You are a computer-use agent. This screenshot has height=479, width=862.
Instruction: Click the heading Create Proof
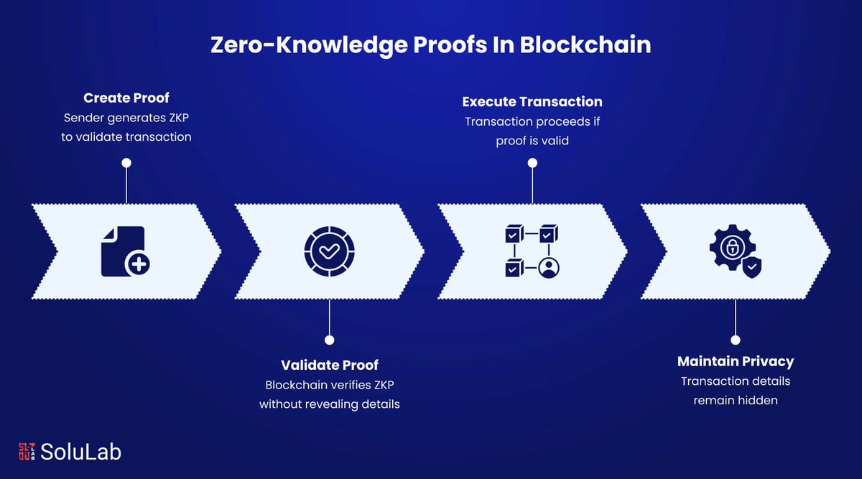126,98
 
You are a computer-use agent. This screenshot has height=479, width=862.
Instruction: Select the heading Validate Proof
330,365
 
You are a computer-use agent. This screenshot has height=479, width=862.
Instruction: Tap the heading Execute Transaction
532,101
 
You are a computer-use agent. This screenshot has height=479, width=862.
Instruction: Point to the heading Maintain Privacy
736,361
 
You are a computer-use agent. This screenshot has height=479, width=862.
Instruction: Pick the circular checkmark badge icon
329,251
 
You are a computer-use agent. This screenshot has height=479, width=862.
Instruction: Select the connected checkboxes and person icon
532,251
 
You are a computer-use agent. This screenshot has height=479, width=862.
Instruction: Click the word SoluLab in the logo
80,452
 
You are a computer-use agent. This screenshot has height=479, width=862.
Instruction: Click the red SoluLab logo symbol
27,452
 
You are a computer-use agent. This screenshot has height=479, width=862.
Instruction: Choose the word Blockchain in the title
585,45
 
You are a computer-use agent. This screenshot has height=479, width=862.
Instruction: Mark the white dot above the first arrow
126,163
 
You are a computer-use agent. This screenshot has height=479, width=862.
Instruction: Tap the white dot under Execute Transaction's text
532,163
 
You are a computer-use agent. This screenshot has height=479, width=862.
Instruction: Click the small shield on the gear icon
751,267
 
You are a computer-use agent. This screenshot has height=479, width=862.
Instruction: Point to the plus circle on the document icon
137,265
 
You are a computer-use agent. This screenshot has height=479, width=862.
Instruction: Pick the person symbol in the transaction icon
550,269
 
